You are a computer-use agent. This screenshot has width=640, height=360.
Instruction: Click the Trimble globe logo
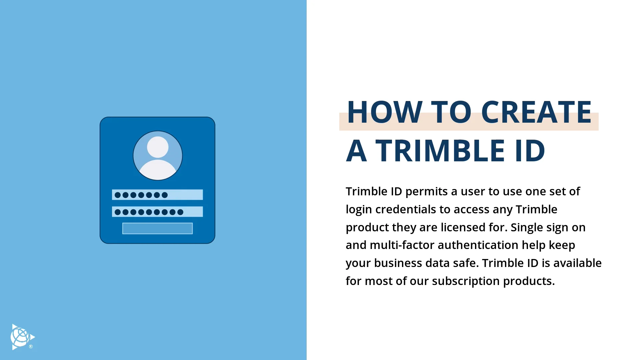(x=22, y=337)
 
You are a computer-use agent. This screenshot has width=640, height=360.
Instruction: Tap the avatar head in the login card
(x=158, y=147)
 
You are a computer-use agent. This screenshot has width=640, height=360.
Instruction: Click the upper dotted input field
(x=157, y=195)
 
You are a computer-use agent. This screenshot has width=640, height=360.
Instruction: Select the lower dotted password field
(x=157, y=212)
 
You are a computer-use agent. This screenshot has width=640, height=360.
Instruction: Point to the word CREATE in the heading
(x=536, y=112)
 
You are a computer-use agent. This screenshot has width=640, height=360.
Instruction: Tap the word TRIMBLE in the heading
(x=440, y=151)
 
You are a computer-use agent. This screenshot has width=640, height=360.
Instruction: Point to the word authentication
(x=478, y=245)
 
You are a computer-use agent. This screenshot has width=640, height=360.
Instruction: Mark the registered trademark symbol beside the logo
(x=31, y=347)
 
